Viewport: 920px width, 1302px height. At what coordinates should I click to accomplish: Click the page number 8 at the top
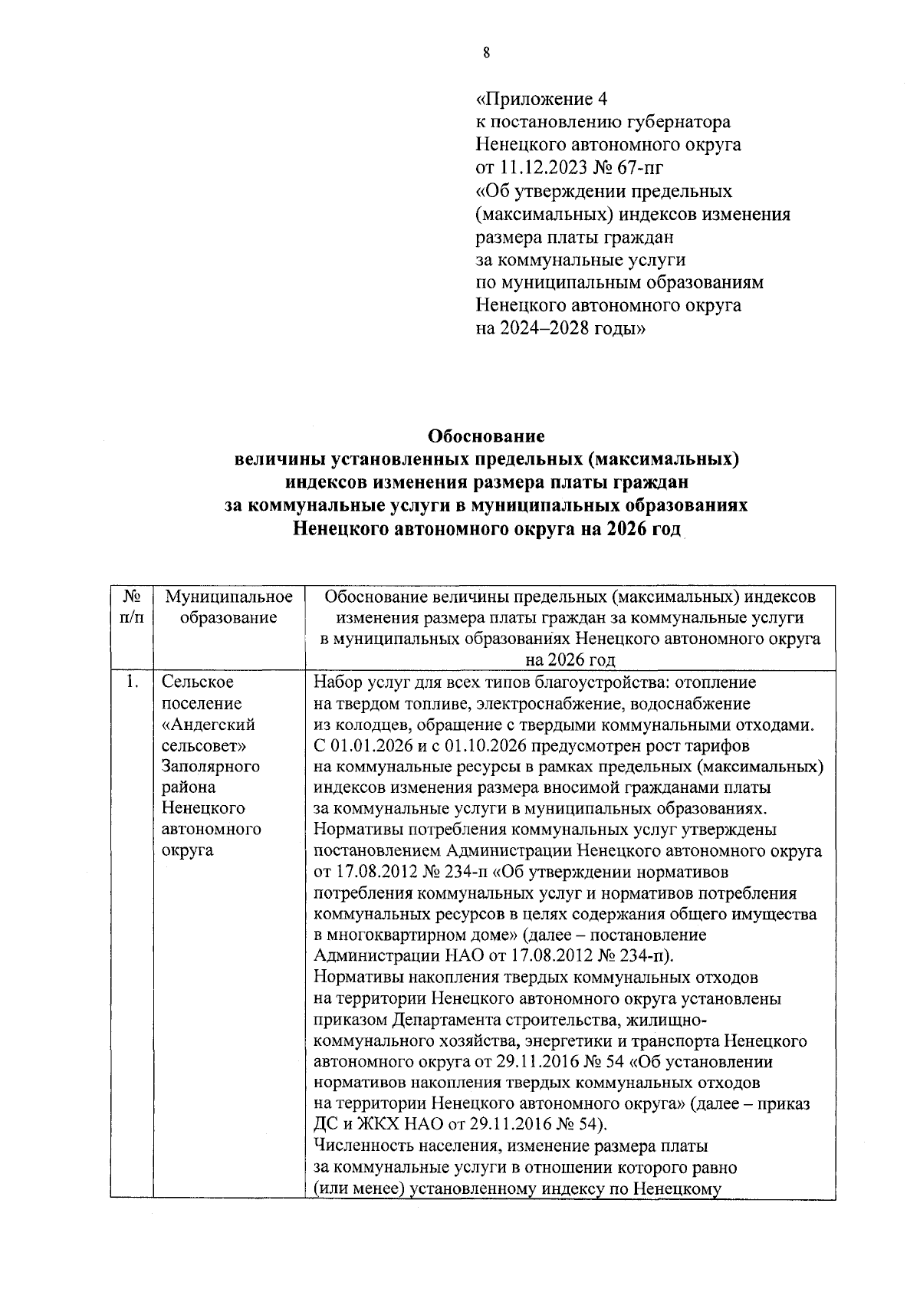[486, 52]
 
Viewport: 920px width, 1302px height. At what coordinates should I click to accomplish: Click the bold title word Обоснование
[486, 436]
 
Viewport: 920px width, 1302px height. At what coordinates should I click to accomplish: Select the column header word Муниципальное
[229, 597]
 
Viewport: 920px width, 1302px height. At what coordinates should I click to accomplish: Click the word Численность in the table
[365, 1146]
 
